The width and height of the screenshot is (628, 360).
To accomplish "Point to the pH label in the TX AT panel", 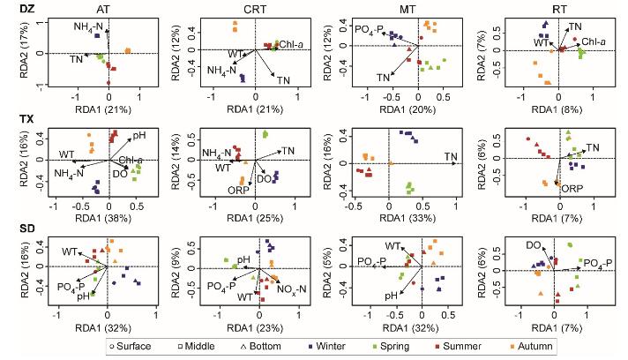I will [139, 136].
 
